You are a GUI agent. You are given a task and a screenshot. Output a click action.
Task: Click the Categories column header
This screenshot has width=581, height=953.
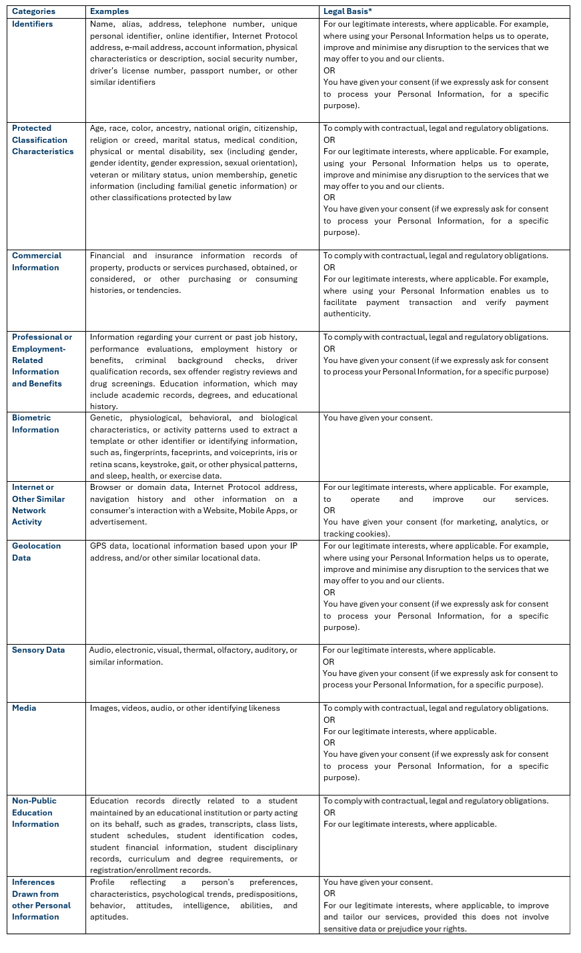(33, 11)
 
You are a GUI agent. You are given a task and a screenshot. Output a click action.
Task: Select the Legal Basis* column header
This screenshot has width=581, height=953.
(348, 11)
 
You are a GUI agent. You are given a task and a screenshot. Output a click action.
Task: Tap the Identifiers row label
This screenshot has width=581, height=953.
(32, 24)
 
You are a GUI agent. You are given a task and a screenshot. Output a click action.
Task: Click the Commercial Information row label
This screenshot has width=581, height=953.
(36, 262)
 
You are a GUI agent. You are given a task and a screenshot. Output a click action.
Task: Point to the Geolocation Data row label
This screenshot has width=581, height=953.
(36, 552)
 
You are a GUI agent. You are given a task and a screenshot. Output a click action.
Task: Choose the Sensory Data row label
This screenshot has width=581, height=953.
(38, 650)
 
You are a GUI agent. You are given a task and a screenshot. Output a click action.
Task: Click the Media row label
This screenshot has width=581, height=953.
(24, 708)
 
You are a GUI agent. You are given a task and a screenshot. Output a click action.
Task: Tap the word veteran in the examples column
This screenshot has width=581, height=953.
(105, 175)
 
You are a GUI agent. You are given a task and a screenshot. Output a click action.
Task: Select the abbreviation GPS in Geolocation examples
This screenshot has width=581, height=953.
(99, 546)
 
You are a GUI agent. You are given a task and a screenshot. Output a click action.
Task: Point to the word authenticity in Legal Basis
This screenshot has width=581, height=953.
(347, 314)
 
